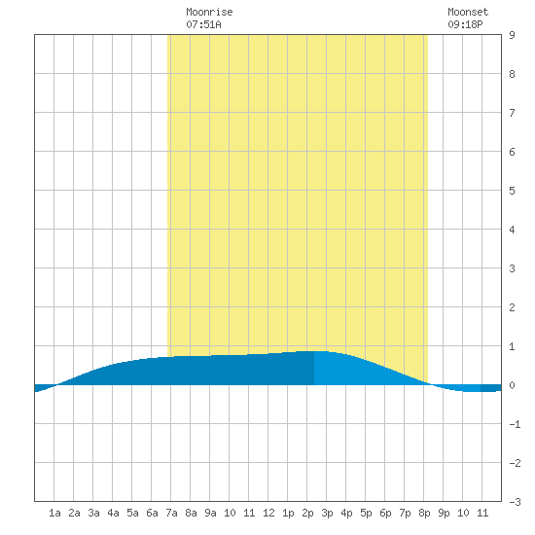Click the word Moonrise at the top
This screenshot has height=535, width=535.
pos(209,12)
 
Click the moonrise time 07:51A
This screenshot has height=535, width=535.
pos(203,24)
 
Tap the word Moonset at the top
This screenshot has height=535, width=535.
pos(468,12)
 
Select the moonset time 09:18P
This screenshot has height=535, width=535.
pos(465,24)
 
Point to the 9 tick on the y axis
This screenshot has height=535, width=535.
pos(512,35)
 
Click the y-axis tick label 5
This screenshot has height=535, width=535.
pos(512,191)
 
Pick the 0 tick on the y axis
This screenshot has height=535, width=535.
pos(512,385)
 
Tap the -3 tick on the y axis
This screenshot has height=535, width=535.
pos(515,502)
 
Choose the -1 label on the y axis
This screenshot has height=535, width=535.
pos(515,424)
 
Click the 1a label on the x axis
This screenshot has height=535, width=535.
pos(54,513)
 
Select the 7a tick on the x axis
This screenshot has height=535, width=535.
pos(171,513)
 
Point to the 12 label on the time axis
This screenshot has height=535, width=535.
pos(268,513)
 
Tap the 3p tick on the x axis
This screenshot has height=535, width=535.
pos(327,513)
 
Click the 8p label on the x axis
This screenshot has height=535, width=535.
pos(424,513)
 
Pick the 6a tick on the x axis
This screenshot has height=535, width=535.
pos(152,513)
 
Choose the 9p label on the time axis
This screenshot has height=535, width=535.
pos(444,513)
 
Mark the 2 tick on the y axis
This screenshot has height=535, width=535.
pos(512,307)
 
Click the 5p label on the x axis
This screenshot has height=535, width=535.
pos(366,513)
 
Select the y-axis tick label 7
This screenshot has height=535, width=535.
pos(512,113)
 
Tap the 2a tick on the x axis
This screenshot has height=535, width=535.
pos(74,513)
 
